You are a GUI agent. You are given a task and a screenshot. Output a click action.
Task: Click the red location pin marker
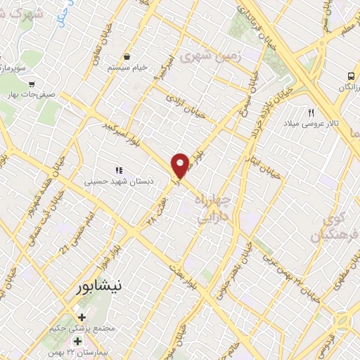(181, 165)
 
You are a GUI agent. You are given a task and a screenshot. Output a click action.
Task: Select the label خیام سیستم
(127, 67)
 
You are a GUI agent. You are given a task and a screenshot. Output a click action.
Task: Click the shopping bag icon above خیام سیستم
(127, 57)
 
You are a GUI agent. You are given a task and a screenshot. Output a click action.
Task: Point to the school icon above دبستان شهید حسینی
(119, 170)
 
